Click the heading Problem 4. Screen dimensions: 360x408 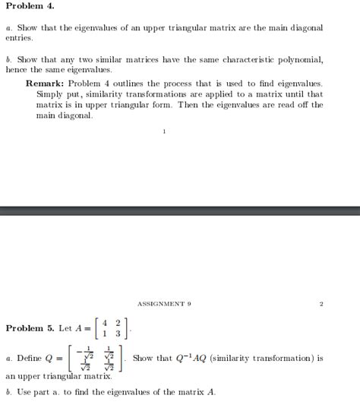(30, 6)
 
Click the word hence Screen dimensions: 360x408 (16, 69)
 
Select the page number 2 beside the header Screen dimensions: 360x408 (321, 304)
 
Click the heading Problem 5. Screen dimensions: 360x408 (30, 328)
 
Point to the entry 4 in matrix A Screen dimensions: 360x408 (105, 322)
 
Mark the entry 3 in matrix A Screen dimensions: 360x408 (118, 334)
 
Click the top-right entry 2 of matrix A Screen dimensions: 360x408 (118, 322)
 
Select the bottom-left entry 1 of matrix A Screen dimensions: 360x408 (105, 334)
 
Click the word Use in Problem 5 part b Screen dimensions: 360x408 (24, 392)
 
